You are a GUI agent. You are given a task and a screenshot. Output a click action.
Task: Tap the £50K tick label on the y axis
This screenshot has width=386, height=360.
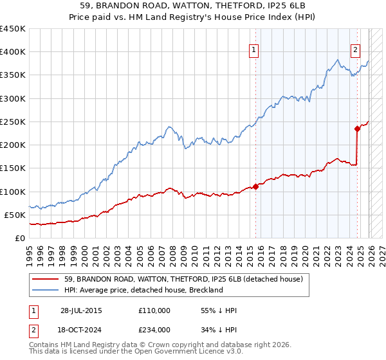pos(15,215)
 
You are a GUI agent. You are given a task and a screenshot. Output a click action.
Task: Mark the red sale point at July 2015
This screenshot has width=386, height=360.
pos(255,186)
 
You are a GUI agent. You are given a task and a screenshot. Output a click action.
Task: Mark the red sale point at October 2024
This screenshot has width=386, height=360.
pos(357,129)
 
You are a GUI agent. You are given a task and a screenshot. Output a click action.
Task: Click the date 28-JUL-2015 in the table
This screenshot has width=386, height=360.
pos(81,310)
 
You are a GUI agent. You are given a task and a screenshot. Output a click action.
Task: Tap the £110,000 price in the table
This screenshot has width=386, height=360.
pos(154,310)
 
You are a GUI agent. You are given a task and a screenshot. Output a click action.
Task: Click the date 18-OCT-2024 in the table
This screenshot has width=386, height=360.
pos(81,330)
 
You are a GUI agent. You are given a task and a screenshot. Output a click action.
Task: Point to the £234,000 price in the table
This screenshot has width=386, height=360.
pos(154,330)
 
